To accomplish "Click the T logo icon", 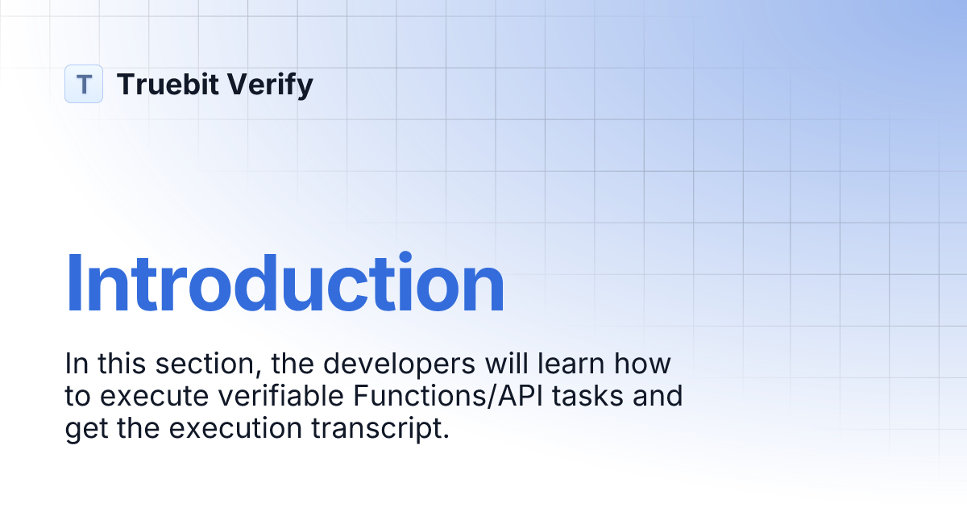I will tap(84, 84).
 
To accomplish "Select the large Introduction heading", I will tap(284, 284).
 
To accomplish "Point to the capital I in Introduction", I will tap(73, 284).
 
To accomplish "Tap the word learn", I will tap(570, 364).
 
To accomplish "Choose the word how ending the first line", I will tap(643, 364).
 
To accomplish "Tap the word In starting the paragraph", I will tap(76, 364).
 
